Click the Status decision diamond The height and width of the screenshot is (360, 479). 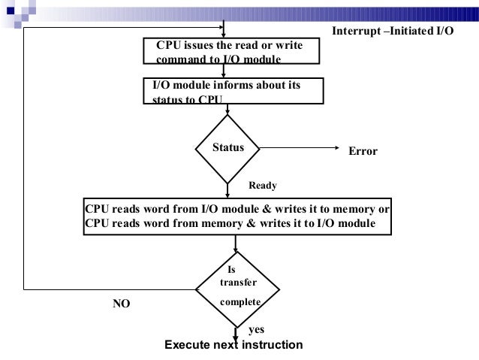(228, 149)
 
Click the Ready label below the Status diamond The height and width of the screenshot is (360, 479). (263, 183)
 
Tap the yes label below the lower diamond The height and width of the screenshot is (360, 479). (255, 329)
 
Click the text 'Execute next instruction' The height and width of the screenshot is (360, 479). (233, 345)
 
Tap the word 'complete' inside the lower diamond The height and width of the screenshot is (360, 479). (240, 301)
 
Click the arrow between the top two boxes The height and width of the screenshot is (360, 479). (234, 71)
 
